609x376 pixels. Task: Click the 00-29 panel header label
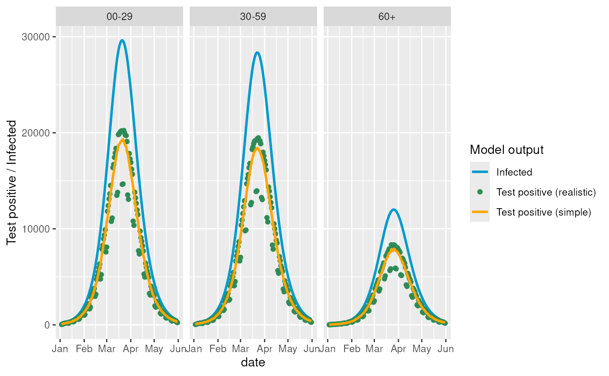(x=119, y=17)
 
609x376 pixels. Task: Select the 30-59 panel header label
(x=253, y=17)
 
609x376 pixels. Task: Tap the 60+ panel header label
(x=387, y=17)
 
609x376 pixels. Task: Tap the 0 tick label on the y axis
(x=47, y=325)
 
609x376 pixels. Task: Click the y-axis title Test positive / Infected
(x=12, y=183)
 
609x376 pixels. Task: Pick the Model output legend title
(x=507, y=150)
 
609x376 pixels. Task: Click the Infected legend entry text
(x=514, y=172)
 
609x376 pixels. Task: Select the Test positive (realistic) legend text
(x=546, y=192)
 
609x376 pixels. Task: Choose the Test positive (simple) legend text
(x=543, y=212)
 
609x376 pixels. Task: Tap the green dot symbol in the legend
(x=480, y=192)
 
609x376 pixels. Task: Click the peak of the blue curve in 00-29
(x=122, y=40)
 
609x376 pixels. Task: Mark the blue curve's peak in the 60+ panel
(x=394, y=210)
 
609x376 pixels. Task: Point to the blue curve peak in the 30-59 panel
(x=257, y=53)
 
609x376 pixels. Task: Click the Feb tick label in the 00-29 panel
(x=84, y=349)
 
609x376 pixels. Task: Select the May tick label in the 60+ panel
(x=422, y=349)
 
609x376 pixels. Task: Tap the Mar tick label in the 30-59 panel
(x=241, y=349)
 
